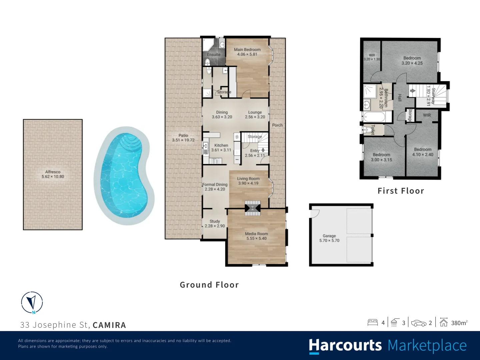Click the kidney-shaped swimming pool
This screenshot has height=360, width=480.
coord(124,176)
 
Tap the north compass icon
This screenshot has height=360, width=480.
coord(32,303)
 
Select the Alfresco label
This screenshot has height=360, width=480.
coord(53,172)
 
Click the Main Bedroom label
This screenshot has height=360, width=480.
coord(247,50)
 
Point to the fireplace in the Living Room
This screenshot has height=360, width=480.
coord(253,208)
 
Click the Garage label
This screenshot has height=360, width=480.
coord(329,236)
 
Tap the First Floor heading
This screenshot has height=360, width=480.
coord(401,191)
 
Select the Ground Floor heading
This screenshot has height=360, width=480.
coord(209,285)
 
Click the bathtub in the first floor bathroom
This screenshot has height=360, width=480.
coord(374,117)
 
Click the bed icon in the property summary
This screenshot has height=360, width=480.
coord(373,323)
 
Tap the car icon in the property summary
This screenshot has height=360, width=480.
coord(419,323)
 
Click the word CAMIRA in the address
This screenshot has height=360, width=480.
coord(109,325)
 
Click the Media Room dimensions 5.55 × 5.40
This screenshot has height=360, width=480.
coord(257,238)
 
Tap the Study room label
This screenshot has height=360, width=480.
coord(215,221)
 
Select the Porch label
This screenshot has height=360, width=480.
coord(277,125)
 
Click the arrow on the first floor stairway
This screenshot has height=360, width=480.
coord(412,90)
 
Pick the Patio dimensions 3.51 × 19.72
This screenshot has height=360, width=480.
coord(183,140)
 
